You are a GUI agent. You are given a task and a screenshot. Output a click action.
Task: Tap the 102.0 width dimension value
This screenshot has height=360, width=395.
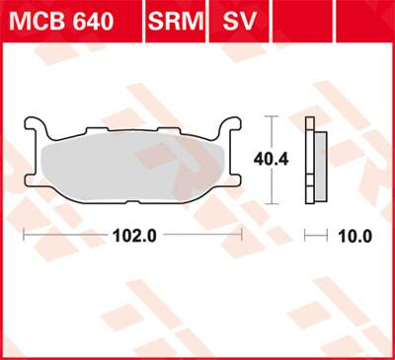[x=130, y=237]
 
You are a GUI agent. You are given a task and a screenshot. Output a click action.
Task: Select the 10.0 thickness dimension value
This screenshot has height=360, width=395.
[x=353, y=237]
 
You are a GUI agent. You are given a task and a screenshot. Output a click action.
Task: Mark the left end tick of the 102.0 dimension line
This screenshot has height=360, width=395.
[x=24, y=237]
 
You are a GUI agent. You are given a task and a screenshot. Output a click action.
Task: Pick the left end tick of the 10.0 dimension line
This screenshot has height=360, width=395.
[x=306, y=237]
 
